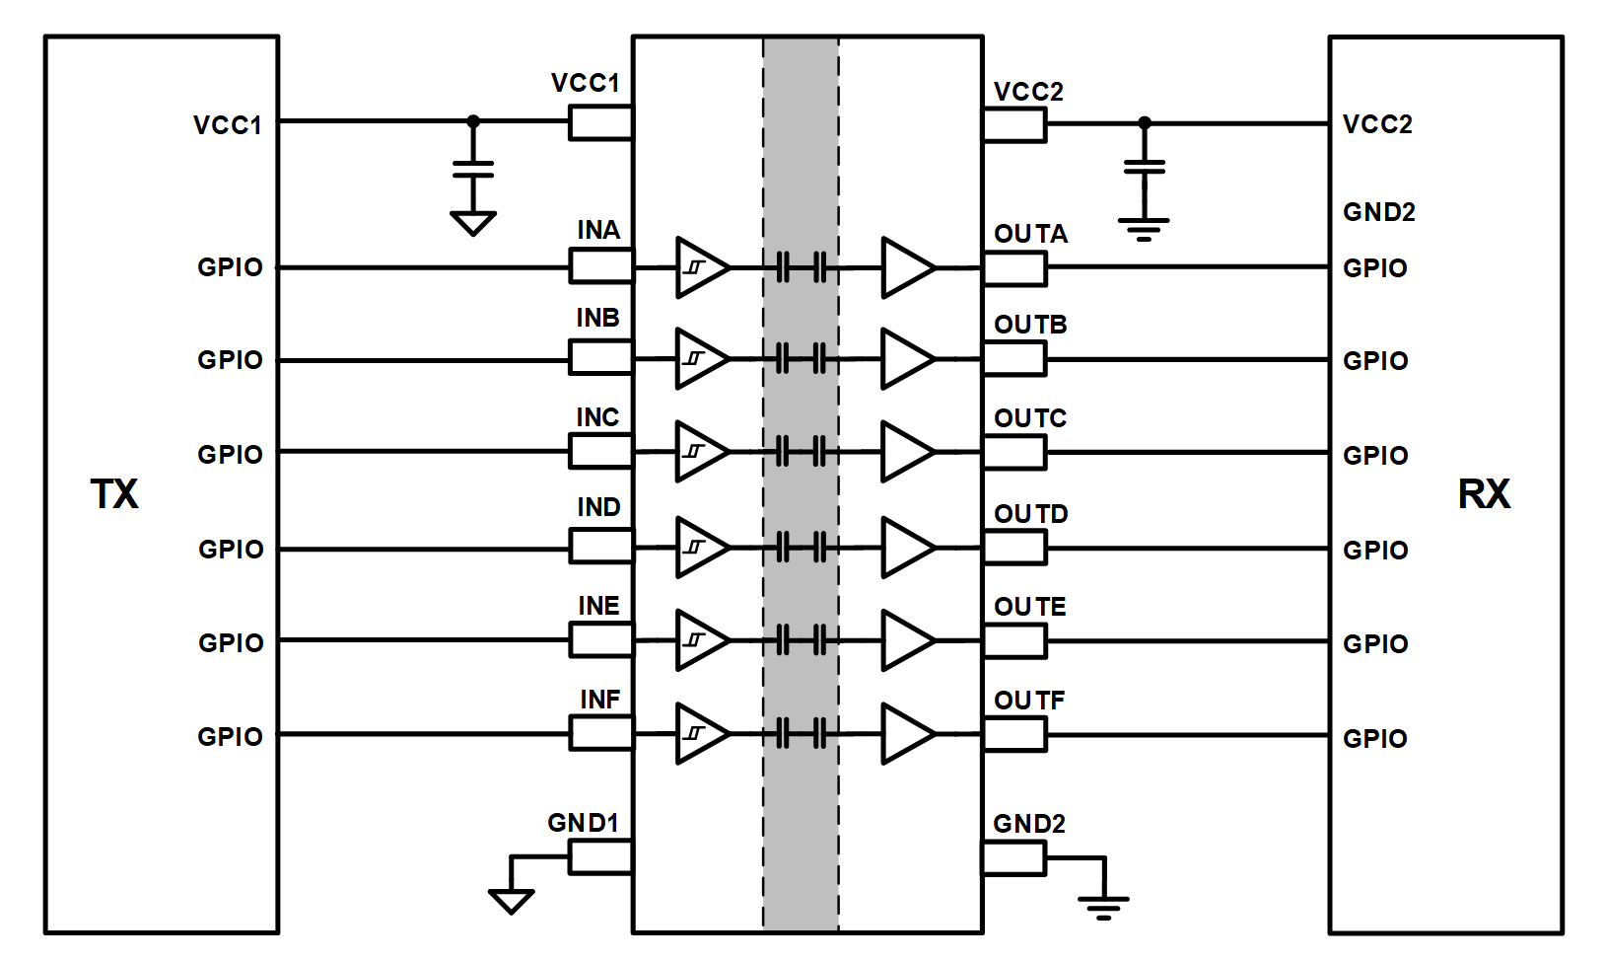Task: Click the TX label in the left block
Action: tap(114, 494)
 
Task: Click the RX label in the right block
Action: tap(1484, 494)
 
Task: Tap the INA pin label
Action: tap(598, 230)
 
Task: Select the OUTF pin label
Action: tap(1029, 701)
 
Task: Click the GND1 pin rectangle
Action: tap(600, 857)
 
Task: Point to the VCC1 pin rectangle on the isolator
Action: tap(600, 123)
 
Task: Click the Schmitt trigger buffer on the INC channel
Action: tap(700, 452)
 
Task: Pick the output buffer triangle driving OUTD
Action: tap(907, 547)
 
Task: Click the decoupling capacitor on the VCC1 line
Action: tap(473, 169)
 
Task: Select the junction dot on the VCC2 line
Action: tap(1144, 123)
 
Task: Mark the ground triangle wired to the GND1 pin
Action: tap(511, 900)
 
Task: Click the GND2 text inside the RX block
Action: tap(1378, 212)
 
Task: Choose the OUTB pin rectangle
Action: tap(1014, 359)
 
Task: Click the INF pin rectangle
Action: tap(600, 733)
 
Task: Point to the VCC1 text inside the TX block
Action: tap(228, 125)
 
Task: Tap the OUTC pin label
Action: tap(1030, 418)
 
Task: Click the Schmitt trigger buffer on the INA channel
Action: tap(700, 266)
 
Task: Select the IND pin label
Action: tap(598, 507)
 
